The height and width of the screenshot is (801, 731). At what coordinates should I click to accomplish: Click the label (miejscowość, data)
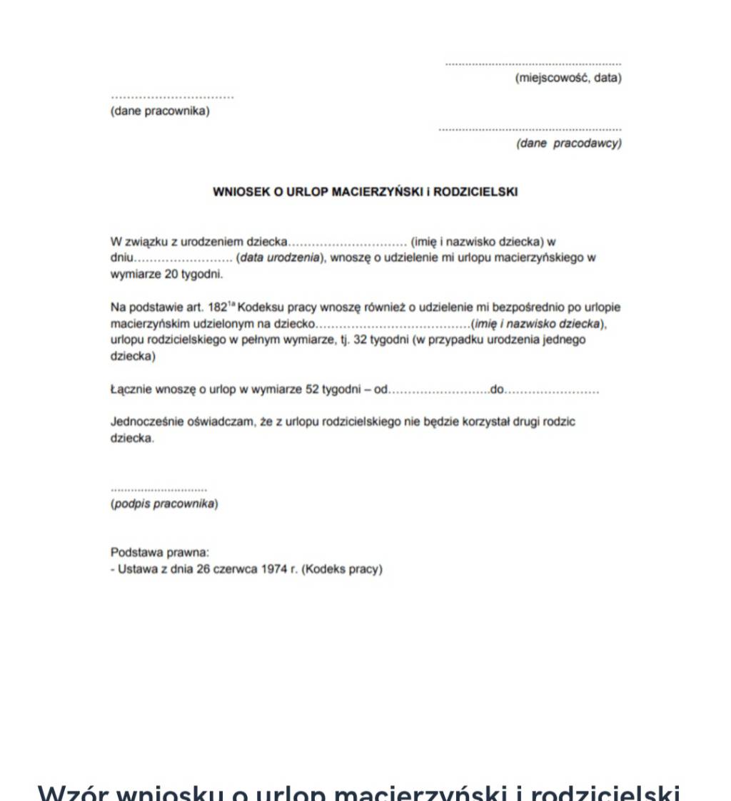coord(568,78)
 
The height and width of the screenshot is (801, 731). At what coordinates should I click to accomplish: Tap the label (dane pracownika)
coord(160,111)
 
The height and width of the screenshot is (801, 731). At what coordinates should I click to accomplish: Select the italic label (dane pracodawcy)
coord(568,143)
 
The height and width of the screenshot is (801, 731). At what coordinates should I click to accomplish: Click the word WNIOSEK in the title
coord(242,192)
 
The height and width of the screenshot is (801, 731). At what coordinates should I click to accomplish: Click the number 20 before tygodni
coord(163,274)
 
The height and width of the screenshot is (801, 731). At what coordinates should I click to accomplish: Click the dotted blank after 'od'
coord(439,391)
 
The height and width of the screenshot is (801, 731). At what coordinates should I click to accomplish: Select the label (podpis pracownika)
coord(164,504)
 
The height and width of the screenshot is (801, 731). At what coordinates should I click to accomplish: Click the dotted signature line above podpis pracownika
coord(158,490)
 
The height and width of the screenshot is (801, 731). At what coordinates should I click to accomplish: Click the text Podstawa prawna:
coord(159,553)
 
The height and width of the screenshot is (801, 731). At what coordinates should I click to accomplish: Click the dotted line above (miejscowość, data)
coord(533,64)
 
